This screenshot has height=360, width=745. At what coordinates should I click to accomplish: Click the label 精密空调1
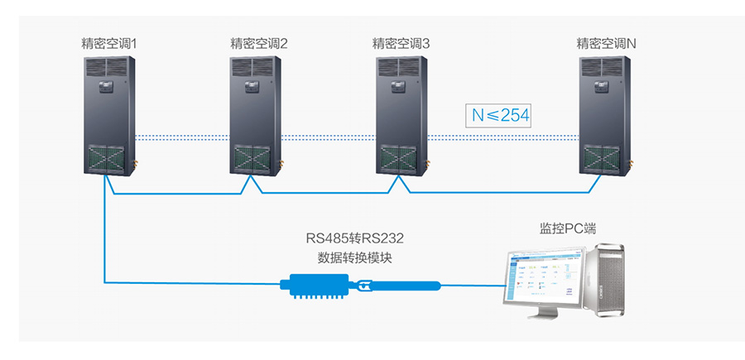(x=111, y=43)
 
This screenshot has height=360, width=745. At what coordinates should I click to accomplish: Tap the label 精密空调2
(x=258, y=43)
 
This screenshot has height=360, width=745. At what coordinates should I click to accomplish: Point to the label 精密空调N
(x=606, y=43)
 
